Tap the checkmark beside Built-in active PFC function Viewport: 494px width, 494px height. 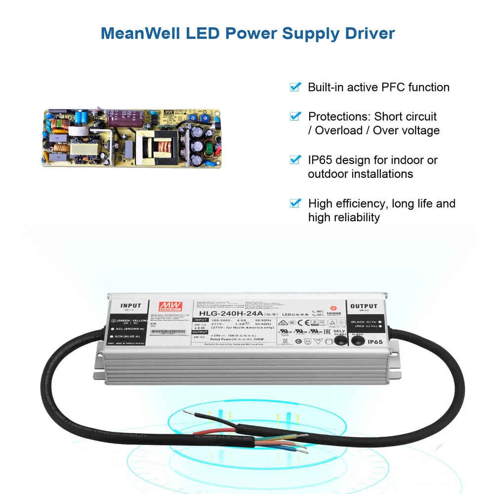tap(295, 87)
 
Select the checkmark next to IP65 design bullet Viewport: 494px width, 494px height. tap(295, 160)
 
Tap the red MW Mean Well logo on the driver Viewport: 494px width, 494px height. tap(166, 306)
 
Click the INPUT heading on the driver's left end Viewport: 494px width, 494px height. tap(130, 306)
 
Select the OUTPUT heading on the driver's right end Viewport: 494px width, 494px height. tap(363, 306)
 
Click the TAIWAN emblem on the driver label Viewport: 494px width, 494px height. tap(332, 311)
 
